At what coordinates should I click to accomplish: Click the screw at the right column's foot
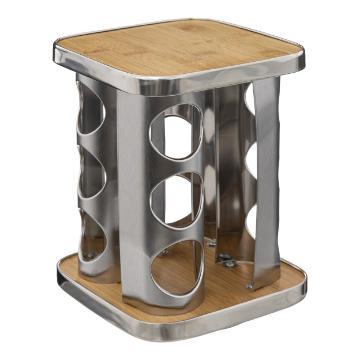249,286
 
